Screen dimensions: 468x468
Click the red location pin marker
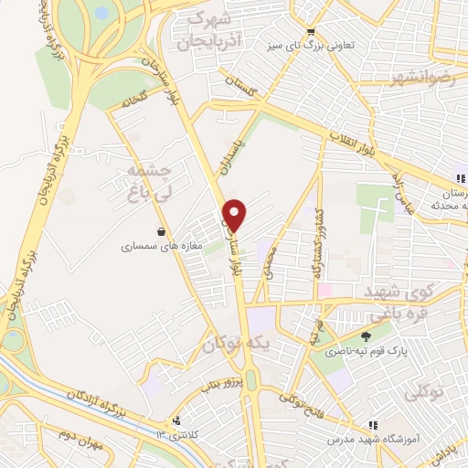(x=236, y=214)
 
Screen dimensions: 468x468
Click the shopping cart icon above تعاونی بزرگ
(x=312, y=29)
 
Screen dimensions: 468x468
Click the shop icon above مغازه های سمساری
(x=162, y=231)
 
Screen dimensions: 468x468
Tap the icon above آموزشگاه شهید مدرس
(x=373, y=424)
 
